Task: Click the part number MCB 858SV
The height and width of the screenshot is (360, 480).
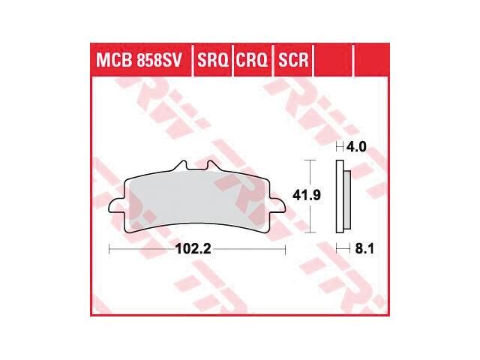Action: [138, 59]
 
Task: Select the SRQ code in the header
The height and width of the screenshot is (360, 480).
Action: [213, 59]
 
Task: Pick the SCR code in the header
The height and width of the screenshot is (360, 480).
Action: [292, 59]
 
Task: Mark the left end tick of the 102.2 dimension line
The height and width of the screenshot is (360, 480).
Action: [109, 248]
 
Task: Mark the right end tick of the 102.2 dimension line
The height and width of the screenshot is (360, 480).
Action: [286, 248]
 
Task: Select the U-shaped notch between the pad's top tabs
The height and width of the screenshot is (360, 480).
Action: [195, 171]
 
